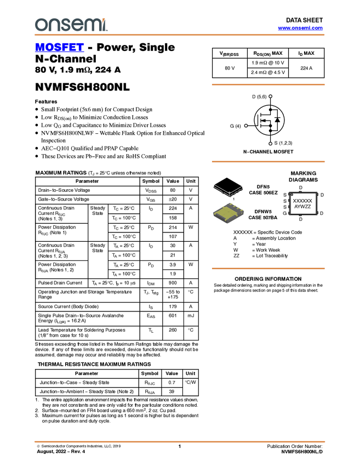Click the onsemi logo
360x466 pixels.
[x=71, y=25]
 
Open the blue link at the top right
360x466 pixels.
[x=300, y=28]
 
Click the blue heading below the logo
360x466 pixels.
[x=59, y=48]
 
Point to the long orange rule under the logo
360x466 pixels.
[x=179, y=35]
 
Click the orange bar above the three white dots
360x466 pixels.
[x=268, y=84]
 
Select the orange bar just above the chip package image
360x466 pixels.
[x=268, y=162]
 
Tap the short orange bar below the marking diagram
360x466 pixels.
[x=268, y=269]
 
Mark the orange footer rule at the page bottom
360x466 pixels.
[x=179, y=441]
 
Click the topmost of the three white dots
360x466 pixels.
[x=270, y=96]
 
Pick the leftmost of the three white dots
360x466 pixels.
[x=246, y=126]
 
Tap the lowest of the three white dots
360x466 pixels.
[x=270, y=144]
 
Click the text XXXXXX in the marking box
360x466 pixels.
[x=302, y=201]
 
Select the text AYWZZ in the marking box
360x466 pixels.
[x=302, y=207]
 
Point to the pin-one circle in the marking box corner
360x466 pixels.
[x=292, y=195]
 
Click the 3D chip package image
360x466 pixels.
[x=228, y=213]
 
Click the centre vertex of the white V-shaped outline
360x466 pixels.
[x=228, y=193]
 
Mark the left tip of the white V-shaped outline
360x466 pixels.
[x=213, y=185]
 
